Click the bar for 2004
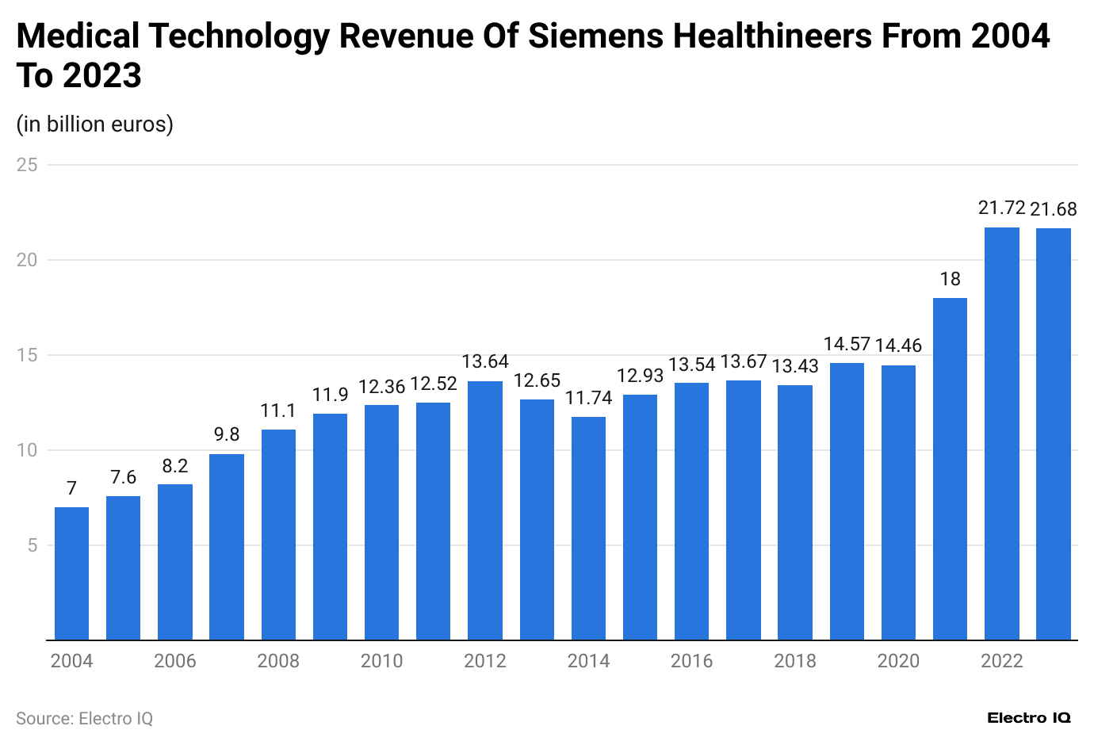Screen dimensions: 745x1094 [71, 573]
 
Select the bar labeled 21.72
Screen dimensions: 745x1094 [1001, 434]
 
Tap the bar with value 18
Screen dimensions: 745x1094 [950, 468]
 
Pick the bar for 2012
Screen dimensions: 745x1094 [484, 510]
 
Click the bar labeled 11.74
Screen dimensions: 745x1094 [588, 528]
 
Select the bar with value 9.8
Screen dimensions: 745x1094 [227, 547]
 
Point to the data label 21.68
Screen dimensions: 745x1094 [1053, 209]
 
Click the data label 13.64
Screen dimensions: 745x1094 [484, 362]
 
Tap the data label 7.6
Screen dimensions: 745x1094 [123, 477]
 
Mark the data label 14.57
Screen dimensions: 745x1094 [847, 344]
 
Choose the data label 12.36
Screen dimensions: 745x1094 [381, 387]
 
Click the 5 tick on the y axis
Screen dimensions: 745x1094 [33, 545]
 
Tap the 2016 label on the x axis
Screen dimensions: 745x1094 [691, 661]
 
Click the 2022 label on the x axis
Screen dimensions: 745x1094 [1001, 661]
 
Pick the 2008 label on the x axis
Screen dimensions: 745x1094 [278, 661]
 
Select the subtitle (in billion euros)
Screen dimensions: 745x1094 [94, 124]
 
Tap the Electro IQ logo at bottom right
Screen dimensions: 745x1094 [1028, 718]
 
